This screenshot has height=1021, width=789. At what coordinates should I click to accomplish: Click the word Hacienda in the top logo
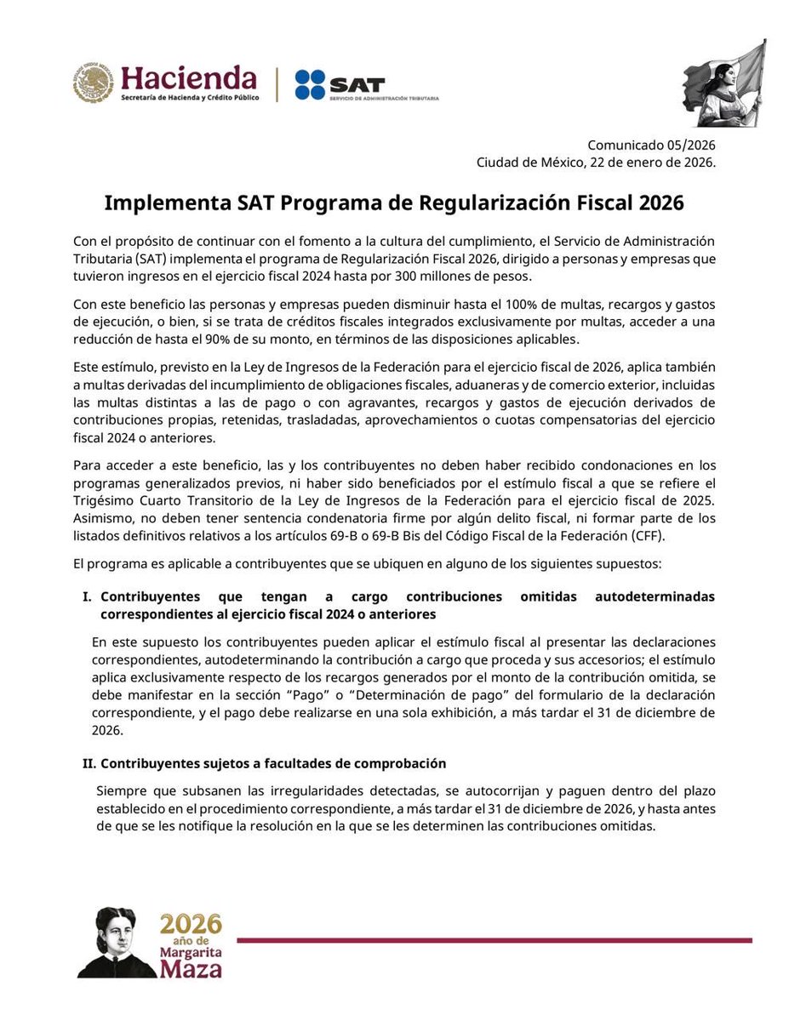click(188, 78)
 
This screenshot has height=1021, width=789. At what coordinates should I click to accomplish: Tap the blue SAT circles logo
click(310, 85)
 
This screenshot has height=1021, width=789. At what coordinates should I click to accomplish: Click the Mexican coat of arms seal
click(92, 83)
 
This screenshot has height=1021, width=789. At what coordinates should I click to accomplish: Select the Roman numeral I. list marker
click(87, 597)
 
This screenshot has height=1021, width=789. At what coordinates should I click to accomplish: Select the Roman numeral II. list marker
click(85, 764)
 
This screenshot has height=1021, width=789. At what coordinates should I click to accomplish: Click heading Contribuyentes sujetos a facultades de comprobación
click(273, 764)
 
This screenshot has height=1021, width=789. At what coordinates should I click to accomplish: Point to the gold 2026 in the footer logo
click(191, 923)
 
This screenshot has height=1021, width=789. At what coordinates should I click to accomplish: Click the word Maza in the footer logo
click(192, 968)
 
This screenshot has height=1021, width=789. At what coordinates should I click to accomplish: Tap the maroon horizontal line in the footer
click(494, 940)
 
